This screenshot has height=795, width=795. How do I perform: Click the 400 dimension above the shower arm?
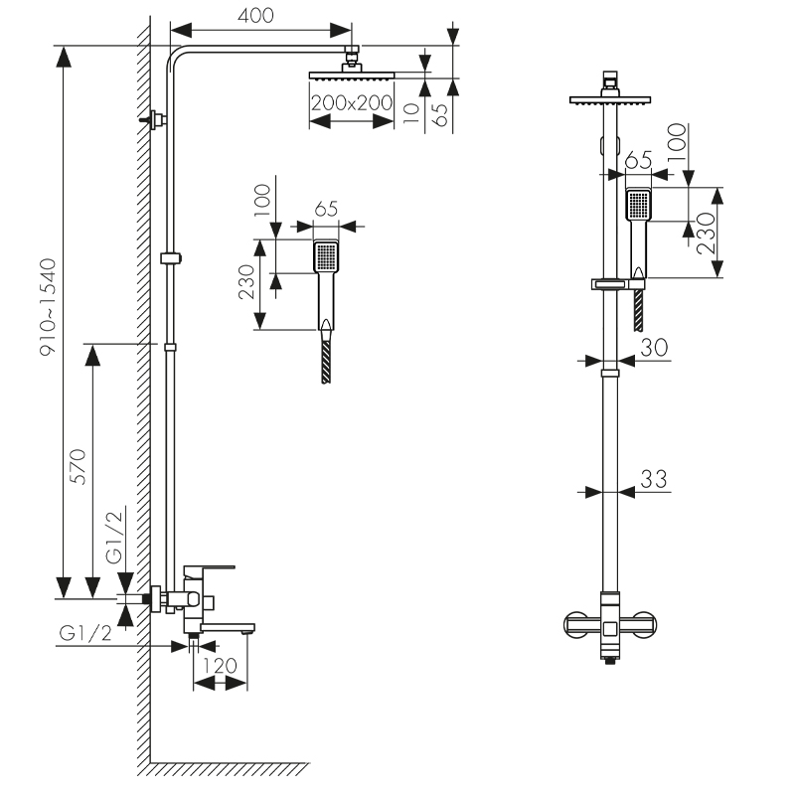tap(255, 15)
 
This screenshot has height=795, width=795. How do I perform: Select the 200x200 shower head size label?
tap(351, 101)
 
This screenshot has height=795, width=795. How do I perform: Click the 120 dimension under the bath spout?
tap(219, 665)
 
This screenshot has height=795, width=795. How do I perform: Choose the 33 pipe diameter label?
tap(653, 478)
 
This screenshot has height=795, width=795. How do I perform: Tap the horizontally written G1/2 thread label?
tap(86, 633)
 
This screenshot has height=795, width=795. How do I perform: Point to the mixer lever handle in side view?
tap(209, 569)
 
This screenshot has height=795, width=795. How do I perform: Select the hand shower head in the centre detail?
tap(326, 257)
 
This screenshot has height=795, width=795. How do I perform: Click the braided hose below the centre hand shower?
tap(326, 361)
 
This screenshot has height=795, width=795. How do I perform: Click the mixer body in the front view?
tap(610, 625)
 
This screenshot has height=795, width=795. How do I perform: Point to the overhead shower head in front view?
tap(610, 99)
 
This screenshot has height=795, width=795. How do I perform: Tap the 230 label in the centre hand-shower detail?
tap(248, 283)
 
